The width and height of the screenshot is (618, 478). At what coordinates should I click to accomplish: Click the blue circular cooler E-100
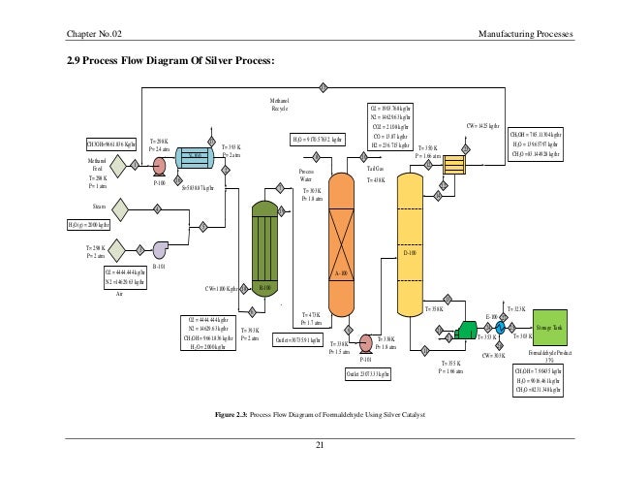click(500, 328)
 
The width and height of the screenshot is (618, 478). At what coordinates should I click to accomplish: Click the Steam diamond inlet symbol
click(122, 207)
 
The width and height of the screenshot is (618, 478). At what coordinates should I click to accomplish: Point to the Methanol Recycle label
click(280, 104)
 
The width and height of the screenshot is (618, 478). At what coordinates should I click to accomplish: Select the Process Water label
click(306, 175)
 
